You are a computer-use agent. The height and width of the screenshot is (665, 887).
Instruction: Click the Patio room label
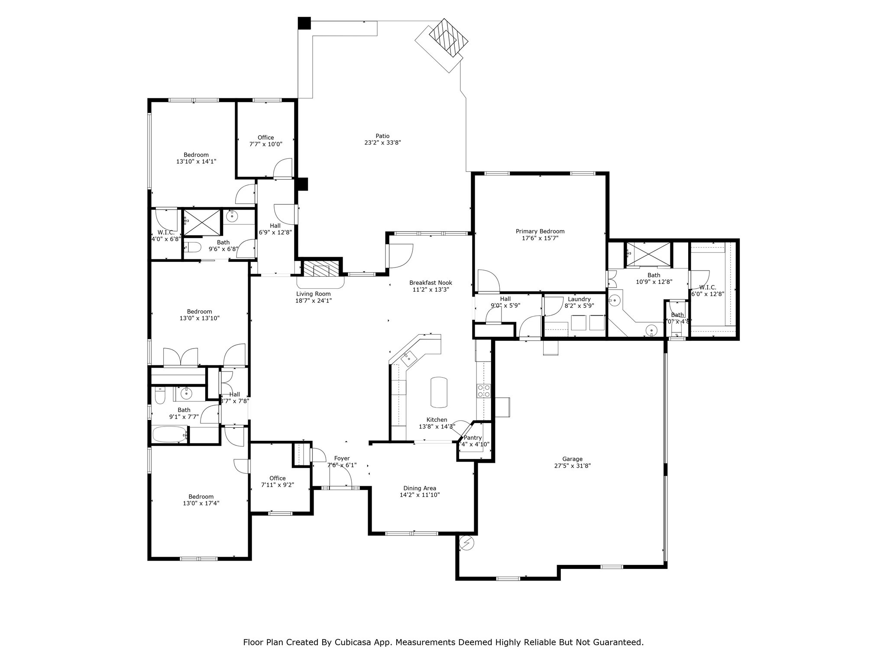click(x=382, y=136)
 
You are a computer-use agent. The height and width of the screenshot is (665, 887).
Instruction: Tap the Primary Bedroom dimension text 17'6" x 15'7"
click(x=540, y=238)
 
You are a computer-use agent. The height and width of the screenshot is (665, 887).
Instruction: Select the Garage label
click(x=572, y=459)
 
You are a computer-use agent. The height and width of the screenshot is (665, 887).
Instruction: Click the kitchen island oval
click(x=438, y=392)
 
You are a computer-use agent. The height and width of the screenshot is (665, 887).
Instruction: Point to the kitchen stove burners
click(x=483, y=391)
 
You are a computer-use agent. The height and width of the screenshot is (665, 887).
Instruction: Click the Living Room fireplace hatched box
click(x=320, y=268)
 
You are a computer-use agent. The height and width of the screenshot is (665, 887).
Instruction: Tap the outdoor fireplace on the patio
click(x=448, y=38)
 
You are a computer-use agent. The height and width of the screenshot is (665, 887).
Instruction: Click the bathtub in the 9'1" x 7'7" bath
click(x=169, y=434)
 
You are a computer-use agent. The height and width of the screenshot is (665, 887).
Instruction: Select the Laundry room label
click(x=579, y=299)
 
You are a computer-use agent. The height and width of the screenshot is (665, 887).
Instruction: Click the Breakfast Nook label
click(x=431, y=283)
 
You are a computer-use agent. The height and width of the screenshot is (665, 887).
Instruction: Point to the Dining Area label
click(x=419, y=488)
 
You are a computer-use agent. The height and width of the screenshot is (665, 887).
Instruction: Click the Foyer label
click(x=342, y=458)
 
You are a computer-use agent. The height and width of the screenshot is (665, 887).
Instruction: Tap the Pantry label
click(x=473, y=438)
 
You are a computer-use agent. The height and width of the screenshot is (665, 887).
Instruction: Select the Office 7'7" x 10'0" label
click(x=265, y=138)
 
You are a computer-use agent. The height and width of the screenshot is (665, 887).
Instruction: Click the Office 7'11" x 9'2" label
click(x=277, y=478)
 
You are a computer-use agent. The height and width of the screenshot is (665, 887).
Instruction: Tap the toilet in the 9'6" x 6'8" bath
click(x=193, y=248)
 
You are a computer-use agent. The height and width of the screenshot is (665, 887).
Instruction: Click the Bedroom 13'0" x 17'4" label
click(x=201, y=497)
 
